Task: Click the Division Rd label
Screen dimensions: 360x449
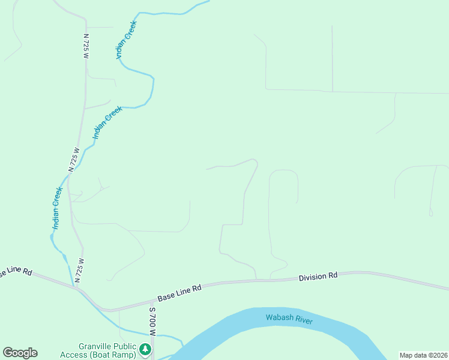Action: coord(319,277)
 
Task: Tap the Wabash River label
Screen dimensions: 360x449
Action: coord(289,318)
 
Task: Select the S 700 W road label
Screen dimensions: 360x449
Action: coord(152,322)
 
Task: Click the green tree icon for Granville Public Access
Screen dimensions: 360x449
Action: coord(145,349)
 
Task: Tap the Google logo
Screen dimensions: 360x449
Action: coord(20,353)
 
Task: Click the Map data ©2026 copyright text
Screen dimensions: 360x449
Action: coord(423,355)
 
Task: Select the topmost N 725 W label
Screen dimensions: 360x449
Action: coord(86,46)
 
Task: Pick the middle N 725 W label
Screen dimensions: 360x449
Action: coord(74,160)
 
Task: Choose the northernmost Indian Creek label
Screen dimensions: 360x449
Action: coord(127,40)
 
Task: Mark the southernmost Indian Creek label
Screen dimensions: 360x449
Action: coord(57,208)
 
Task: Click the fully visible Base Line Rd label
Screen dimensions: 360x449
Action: coord(179,293)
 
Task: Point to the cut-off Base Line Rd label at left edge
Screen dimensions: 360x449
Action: coord(15,272)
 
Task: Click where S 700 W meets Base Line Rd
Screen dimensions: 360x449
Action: coord(151,303)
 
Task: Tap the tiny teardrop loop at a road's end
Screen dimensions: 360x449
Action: coord(431,212)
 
